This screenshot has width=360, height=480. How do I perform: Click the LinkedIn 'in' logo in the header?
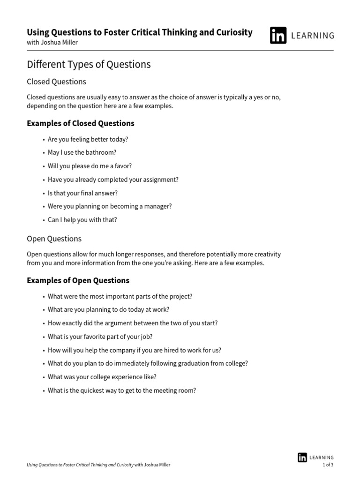278,35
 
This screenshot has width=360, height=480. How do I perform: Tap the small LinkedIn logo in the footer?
302,457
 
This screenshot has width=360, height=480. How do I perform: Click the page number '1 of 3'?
328,465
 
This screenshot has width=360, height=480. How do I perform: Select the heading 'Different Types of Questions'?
89,64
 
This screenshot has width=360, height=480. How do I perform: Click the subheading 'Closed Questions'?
56,82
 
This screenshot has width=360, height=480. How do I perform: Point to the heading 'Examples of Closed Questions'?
80,123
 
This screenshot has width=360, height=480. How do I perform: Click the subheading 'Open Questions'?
54,239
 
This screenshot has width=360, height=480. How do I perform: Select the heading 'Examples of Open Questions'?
78,280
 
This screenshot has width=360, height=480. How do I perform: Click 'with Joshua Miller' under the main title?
52,43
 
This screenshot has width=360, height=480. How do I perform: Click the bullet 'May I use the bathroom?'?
82,152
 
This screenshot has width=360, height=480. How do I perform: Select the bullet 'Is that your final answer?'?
82,193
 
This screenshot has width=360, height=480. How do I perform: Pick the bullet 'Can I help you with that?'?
82,219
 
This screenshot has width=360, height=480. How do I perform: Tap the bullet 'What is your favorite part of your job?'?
100,337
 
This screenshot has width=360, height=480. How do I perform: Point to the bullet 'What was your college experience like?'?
102,377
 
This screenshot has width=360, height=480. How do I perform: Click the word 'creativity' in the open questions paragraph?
266,254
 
